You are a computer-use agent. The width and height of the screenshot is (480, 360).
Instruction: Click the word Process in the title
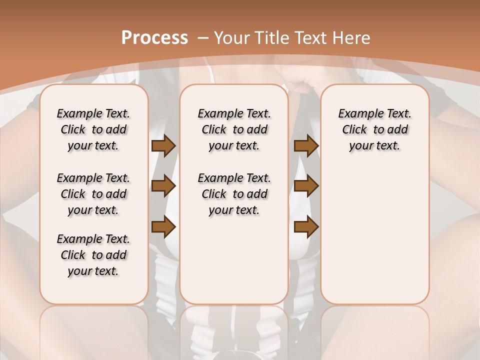pos(154,38)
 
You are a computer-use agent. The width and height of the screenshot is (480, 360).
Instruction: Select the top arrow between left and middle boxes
pos(163,145)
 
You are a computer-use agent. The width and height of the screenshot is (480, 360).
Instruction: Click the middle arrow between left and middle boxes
pos(163,186)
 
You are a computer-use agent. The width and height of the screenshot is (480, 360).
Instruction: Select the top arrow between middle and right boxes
pos(306,145)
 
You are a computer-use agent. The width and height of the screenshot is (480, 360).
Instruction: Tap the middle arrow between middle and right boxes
pos(306,186)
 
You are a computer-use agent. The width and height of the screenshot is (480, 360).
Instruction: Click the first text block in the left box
pos(93,129)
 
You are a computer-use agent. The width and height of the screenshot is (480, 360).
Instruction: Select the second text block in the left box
pos(93,194)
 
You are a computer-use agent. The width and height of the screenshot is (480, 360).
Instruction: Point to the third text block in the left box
pos(93,255)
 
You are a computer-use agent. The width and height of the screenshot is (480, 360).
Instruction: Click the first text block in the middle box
pos(234,129)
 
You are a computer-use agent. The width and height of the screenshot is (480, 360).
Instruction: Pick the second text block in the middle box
pos(234,194)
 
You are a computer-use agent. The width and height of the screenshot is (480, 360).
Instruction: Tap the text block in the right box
pos(375,129)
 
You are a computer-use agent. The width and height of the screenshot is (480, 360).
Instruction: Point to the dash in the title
pos(203,38)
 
